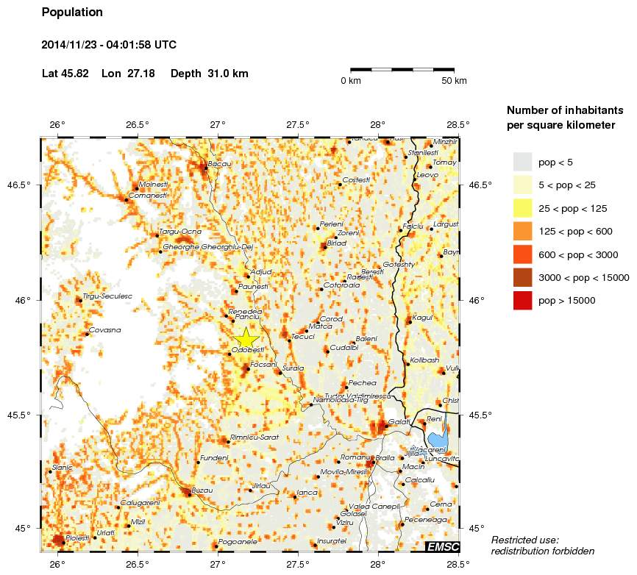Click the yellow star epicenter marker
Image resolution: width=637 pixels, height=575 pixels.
click(246, 339)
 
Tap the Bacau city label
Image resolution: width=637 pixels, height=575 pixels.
click(220, 164)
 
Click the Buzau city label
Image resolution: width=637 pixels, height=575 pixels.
click(202, 490)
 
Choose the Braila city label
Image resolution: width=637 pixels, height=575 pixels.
click(386, 458)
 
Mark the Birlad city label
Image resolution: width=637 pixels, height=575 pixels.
click(336, 243)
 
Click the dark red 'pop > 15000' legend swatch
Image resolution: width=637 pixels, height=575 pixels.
click(522, 301)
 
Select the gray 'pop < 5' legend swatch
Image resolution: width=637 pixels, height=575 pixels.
click(522, 162)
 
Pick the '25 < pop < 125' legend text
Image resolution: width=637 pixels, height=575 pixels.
click(573, 209)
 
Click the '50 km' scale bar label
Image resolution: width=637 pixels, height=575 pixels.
click(455, 81)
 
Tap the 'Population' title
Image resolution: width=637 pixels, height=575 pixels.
click(72, 12)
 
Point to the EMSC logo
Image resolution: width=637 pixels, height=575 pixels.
click(443, 546)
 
